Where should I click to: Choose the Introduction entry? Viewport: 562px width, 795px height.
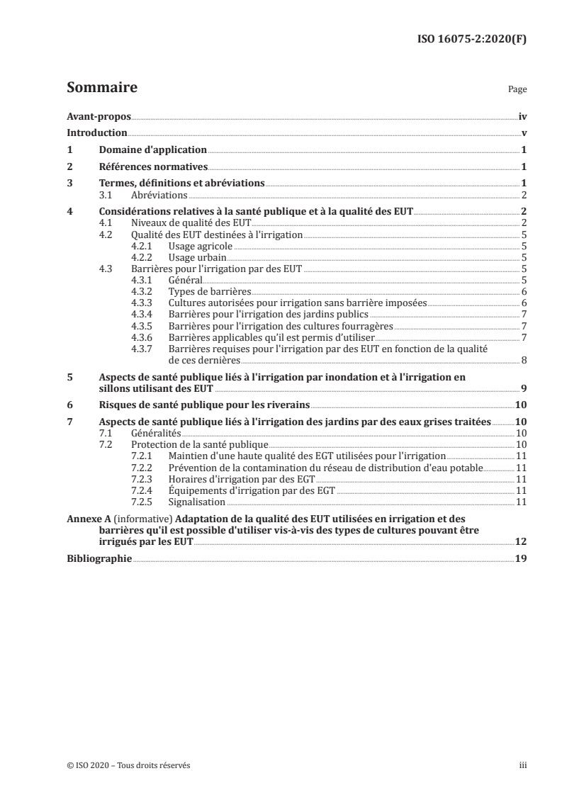pos(96,133)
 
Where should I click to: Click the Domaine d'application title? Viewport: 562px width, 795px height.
pos(152,150)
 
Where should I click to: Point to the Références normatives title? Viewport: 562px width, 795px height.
pos(152,167)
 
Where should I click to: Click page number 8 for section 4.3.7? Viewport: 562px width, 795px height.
pos(524,360)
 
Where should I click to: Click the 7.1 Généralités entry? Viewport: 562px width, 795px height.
pos(140,432)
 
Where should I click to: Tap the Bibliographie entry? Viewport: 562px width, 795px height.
pos(99,558)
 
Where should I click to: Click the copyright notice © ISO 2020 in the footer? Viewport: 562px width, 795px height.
pos(128,765)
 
